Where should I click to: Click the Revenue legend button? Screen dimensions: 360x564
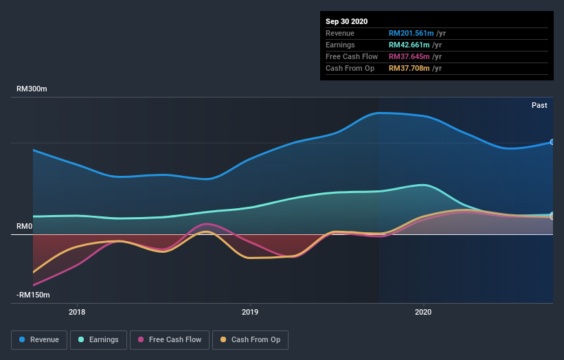coord(40,339)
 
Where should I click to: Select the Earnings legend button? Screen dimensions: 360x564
coord(98,339)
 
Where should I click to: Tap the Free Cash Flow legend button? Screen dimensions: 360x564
coord(169,339)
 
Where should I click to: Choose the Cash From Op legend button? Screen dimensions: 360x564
coord(251,339)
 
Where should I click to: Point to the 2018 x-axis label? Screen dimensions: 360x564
coord(77,311)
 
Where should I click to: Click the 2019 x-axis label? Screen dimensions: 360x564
coord(250,311)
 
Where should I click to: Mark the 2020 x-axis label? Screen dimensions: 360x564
coord(423,311)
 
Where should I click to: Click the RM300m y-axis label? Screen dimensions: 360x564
coord(32,89)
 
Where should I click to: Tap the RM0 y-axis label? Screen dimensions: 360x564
coord(25,227)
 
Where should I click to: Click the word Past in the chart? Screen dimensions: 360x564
coord(539,105)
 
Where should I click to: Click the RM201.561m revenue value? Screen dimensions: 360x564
coord(411,33)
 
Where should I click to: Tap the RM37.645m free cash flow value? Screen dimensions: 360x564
coord(409,56)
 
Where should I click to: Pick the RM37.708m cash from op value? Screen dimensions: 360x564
coord(409,68)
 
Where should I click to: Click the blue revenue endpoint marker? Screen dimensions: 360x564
coord(552,142)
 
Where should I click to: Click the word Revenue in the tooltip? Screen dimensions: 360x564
coord(341,33)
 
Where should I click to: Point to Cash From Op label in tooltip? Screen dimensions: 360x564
coord(350,68)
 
